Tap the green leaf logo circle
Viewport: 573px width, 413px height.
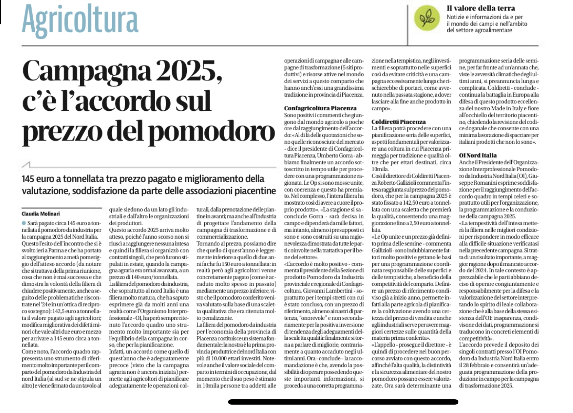(427, 18)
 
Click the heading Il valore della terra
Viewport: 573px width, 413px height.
(480, 8)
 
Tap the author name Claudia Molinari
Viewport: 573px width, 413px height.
(40, 213)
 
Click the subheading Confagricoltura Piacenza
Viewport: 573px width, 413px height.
(320, 108)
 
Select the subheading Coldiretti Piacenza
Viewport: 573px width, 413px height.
(398, 122)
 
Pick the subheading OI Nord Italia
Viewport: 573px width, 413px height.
(478, 155)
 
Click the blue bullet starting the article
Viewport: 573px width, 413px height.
(23, 223)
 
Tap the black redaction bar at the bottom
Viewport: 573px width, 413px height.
(343, 402)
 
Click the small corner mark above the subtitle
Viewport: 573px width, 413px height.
(26, 164)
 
